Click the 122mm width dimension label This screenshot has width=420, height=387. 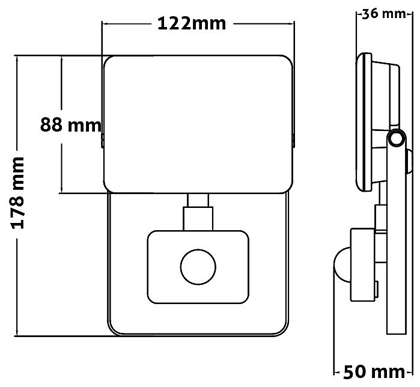[x=192, y=23]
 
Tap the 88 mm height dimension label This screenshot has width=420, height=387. [x=71, y=125]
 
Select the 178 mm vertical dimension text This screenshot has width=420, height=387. [x=18, y=193]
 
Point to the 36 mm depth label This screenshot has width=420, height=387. [x=384, y=14]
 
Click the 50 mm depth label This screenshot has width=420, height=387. [x=374, y=372]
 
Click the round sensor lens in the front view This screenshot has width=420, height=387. [x=198, y=267]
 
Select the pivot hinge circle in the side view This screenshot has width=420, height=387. [x=396, y=138]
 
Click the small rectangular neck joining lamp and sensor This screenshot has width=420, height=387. [x=198, y=200]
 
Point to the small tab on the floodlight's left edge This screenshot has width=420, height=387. [x=102, y=141]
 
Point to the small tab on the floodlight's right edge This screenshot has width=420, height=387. [x=293, y=141]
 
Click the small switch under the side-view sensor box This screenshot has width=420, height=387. [x=377, y=289]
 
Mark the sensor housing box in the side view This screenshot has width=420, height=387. [x=363, y=264]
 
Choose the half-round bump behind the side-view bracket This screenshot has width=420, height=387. [x=409, y=162]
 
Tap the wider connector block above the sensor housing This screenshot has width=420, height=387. [x=198, y=219]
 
